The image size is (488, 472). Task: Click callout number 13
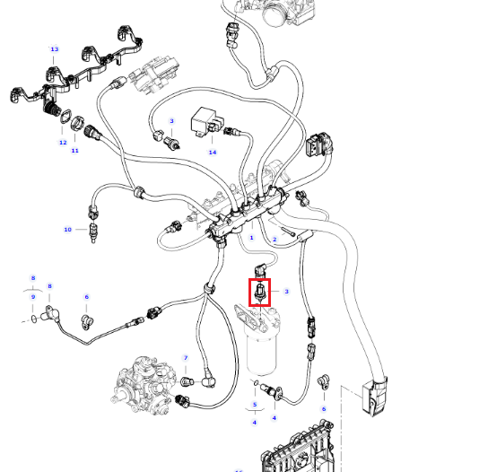[55, 49]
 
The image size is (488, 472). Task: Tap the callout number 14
[213, 153]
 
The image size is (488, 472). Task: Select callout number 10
[67, 230]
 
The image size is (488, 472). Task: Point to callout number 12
[63, 143]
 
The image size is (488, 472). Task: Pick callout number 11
[74, 151]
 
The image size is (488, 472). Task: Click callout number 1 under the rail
[251, 238]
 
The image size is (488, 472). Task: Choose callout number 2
[274, 239]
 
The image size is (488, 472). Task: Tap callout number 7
[186, 358]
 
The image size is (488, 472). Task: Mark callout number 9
[33, 297]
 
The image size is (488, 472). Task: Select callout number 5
[255, 405]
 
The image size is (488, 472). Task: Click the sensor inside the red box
[259, 292]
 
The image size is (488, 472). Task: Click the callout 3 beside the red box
[286, 292]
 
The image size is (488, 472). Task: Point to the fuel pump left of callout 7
[144, 386]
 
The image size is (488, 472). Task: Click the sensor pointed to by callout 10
[93, 232]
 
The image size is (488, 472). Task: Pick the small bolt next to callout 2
[288, 232]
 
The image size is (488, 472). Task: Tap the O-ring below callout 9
[34, 319]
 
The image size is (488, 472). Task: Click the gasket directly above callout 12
[66, 117]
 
